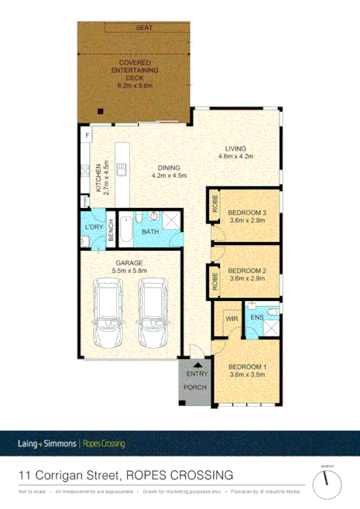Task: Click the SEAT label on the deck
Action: pos(145,29)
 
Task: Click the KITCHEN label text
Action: pos(98,178)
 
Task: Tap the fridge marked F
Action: pos(87,136)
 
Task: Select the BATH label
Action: pos(150,231)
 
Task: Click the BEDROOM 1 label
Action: pos(247,370)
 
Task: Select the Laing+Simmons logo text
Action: pos(47,444)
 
